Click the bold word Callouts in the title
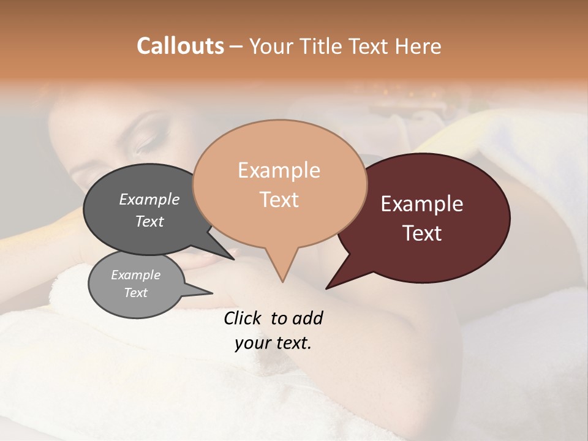180,46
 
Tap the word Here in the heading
417,46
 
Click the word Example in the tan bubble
279,170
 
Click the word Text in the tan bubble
279,200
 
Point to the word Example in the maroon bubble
422,204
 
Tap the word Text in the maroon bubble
422,233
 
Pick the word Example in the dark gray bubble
149,200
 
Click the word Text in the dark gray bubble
149,221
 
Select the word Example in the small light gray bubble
135,275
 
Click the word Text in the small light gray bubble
135,293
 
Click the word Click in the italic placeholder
243,318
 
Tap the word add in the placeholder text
307,318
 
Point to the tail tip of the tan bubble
282,281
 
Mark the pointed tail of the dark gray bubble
233,258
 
